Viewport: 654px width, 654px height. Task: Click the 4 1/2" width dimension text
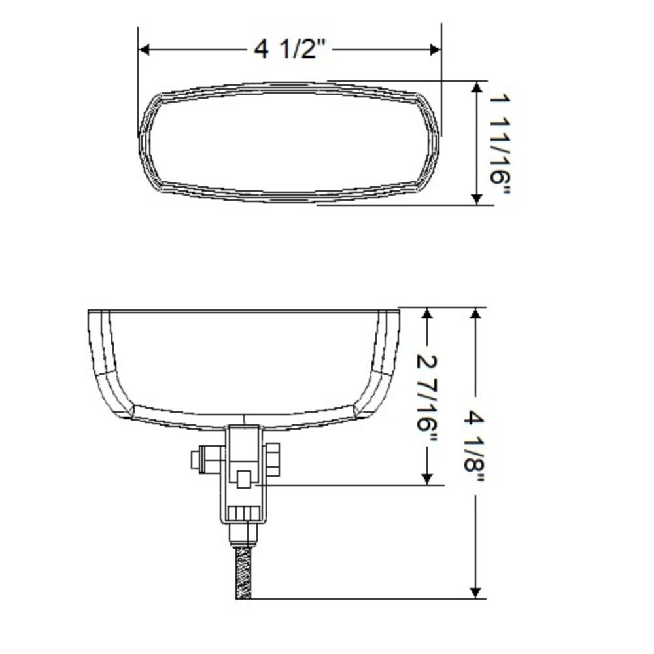(x=290, y=49)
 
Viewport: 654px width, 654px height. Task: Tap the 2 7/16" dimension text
(x=427, y=392)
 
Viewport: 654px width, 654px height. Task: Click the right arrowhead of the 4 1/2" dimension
(x=435, y=50)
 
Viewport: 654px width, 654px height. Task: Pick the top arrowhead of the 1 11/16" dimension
(x=477, y=88)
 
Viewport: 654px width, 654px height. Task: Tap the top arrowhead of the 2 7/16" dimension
(x=427, y=315)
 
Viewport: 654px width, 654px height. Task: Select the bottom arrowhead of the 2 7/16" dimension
(x=427, y=479)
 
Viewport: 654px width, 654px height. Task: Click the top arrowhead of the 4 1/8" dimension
(x=475, y=314)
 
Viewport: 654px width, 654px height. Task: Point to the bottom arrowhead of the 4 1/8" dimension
(x=475, y=592)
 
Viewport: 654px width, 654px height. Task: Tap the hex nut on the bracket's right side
(x=273, y=459)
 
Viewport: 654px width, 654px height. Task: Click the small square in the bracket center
(x=243, y=479)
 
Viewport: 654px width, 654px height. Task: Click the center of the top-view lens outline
(x=289, y=143)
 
